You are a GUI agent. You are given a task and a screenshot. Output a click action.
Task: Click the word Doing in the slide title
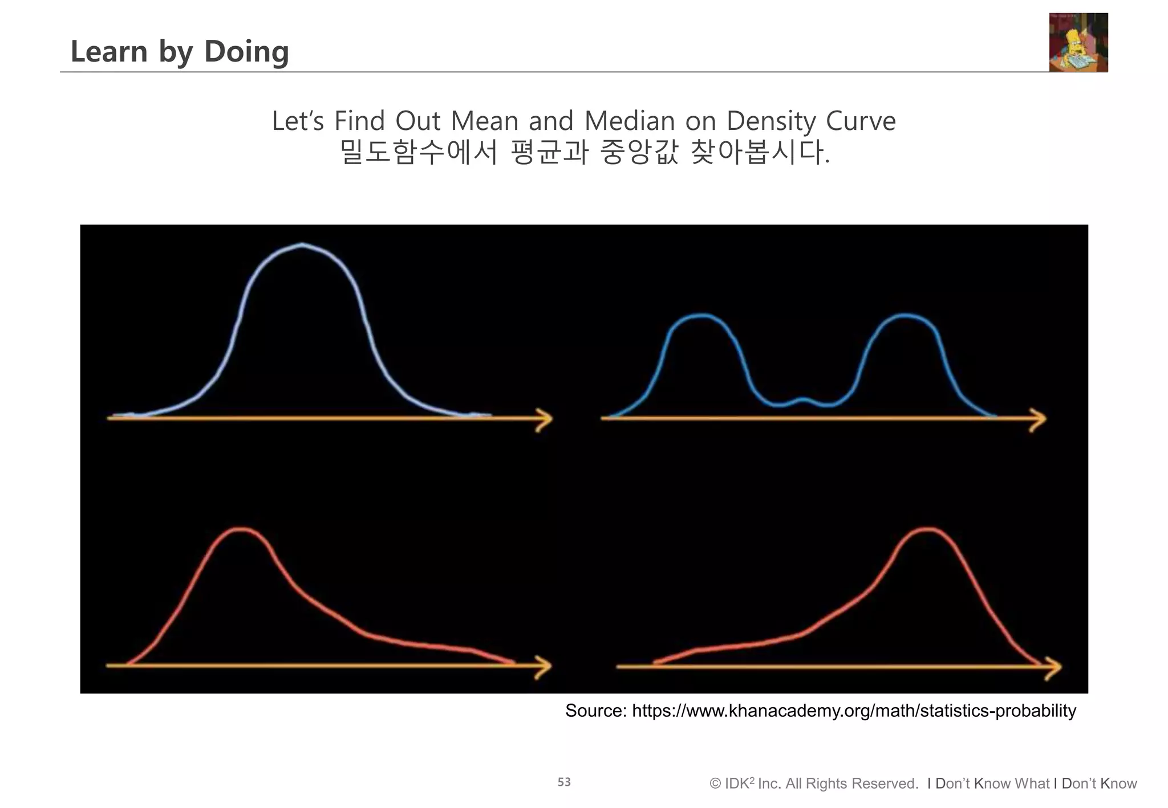coord(246,51)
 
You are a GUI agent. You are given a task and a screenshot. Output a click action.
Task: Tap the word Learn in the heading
coord(109,51)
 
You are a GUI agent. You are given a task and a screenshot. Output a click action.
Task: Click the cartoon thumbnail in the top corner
coord(1078,43)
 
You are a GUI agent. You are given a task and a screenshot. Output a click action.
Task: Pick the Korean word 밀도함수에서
coord(419,152)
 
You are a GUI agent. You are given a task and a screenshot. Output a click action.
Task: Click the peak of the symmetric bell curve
coord(302,244)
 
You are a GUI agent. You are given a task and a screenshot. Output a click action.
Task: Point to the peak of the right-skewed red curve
coord(242,529)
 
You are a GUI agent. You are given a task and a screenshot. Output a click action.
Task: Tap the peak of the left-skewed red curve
coord(927,529)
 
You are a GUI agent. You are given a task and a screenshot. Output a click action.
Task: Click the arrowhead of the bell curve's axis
coord(545,419)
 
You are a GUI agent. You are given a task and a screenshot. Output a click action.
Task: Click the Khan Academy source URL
coord(854,711)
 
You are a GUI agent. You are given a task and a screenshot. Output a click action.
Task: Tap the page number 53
coord(564,782)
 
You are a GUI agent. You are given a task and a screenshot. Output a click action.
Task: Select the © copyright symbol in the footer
coord(715,783)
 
